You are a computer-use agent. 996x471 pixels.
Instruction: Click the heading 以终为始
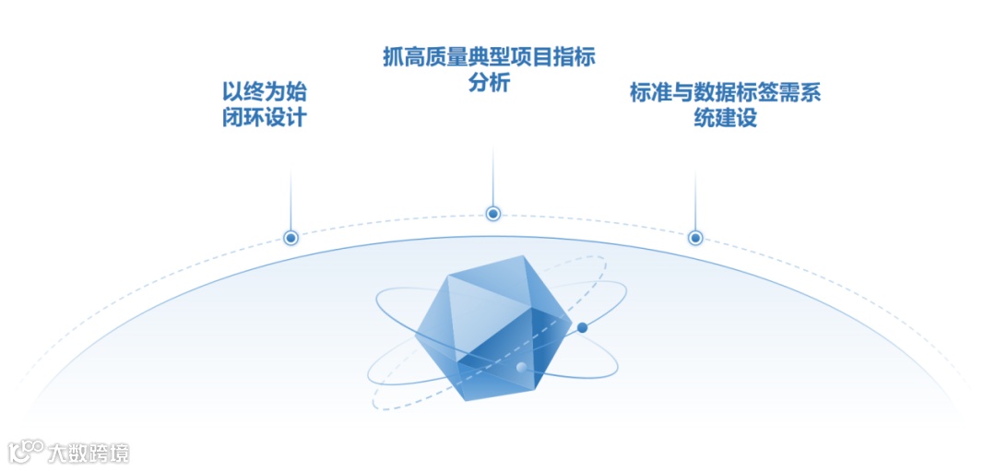[x=264, y=92]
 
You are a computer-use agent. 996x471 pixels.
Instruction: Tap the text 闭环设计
[x=264, y=119]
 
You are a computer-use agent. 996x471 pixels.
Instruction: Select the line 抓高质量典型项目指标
[x=489, y=57]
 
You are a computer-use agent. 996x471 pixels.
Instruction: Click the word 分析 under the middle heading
[x=489, y=83]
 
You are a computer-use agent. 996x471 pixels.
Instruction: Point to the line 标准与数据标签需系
[x=725, y=93]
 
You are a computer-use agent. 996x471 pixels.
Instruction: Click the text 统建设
[x=725, y=120]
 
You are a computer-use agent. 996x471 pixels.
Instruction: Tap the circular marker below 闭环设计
[x=290, y=238]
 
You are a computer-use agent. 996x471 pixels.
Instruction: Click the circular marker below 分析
[x=493, y=214]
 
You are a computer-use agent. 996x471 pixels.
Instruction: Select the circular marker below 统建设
[x=695, y=238]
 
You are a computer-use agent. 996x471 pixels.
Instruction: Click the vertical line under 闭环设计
[x=290, y=198]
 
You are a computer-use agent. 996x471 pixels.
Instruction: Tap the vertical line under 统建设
[x=695, y=198]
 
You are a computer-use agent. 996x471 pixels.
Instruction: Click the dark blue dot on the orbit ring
[x=582, y=327]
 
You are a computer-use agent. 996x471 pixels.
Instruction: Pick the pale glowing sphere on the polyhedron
[x=522, y=369]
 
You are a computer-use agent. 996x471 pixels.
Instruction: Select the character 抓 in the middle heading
[x=393, y=57]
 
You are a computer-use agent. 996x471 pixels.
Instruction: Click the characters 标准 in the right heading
[x=651, y=93]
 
